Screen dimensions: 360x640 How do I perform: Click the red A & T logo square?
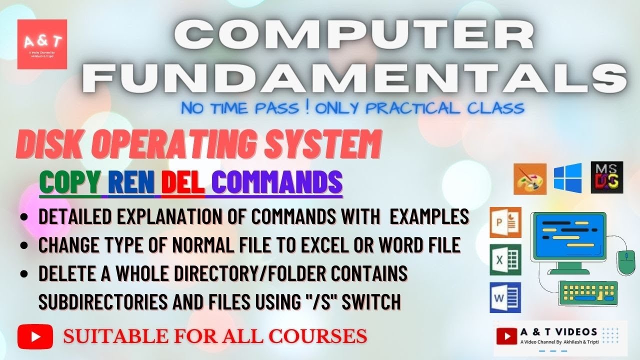pos(42,44)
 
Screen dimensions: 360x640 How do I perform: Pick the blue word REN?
pos(131,183)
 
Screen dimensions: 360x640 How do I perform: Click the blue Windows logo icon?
pos(567,177)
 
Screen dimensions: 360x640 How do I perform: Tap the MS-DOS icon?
pos(606,177)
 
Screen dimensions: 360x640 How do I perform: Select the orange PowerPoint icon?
pos(505,222)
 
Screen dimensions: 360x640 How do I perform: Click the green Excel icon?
pos(505,259)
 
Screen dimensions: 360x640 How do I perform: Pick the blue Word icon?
pos(505,297)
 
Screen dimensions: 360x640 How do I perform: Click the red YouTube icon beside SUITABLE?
pos(35,336)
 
